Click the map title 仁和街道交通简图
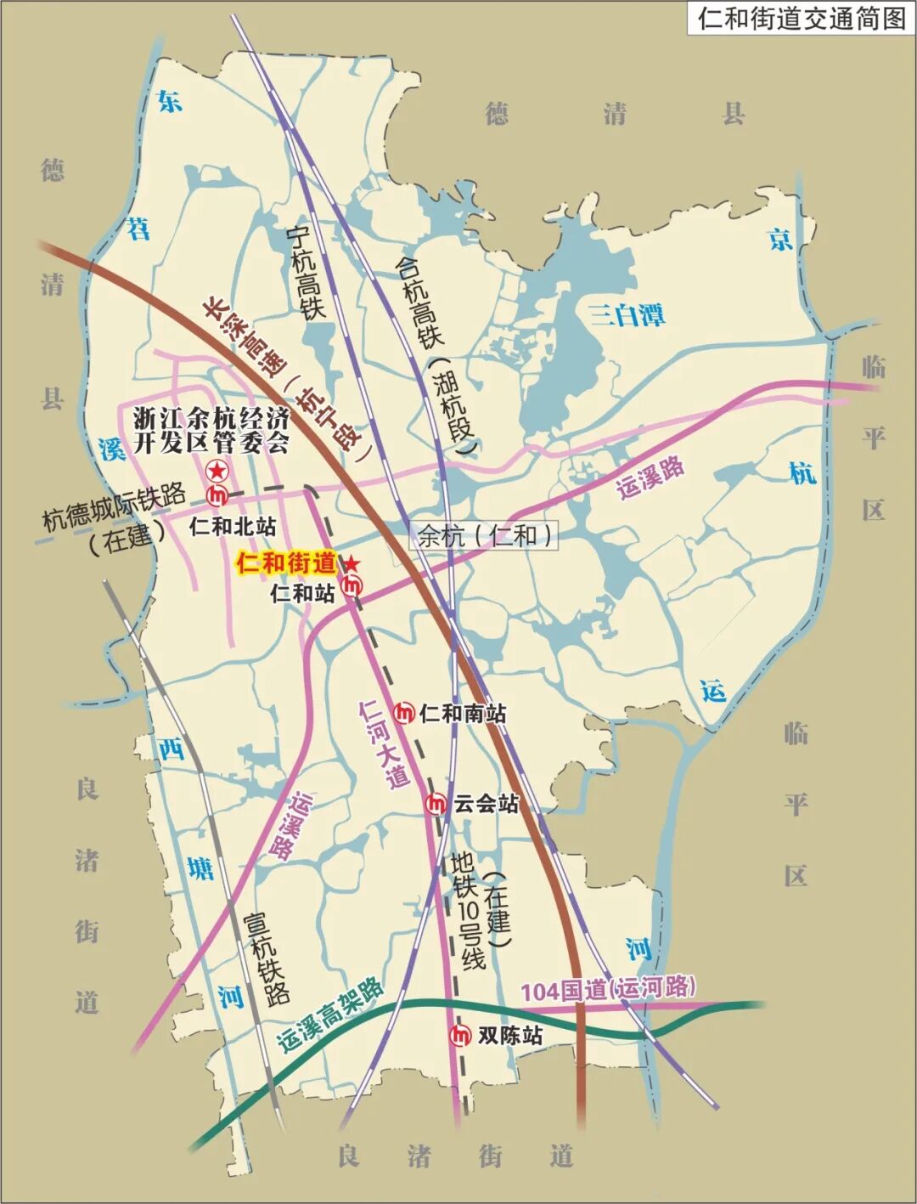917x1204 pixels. pyautogui.click(x=802, y=18)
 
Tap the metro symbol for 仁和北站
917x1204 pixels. pyautogui.click(x=217, y=494)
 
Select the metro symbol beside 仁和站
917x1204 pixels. pyautogui.click(x=352, y=585)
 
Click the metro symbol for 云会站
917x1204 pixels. pyautogui.click(x=436, y=801)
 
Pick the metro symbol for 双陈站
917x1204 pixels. pyautogui.click(x=460, y=1035)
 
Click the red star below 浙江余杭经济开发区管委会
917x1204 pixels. pyautogui.click(x=217, y=470)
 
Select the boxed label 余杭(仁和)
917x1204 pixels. pyautogui.click(x=486, y=535)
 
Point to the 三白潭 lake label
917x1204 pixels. pyautogui.click(x=628, y=315)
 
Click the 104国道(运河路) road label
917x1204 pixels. pyautogui.click(x=608, y=989)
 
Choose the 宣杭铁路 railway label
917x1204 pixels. pyautogui.click(x=266, y=958)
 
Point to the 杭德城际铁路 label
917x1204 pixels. pyautogui.click(x=115, y=507)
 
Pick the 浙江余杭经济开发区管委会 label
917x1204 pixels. pyautogui.click(x=212, y=430)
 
